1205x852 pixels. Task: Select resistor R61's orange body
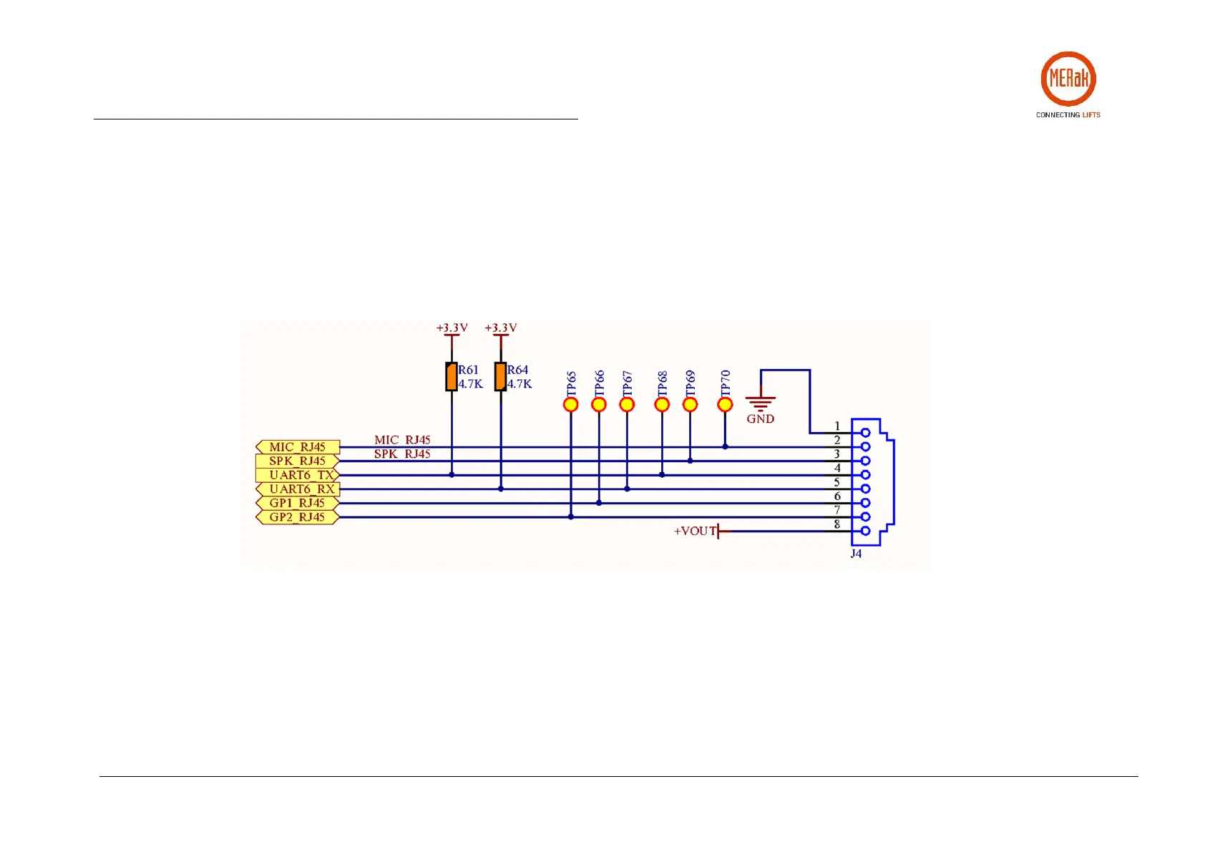(x=452, y=377)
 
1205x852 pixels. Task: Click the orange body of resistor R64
(x=500, y=377)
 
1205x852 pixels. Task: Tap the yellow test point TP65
(x=570, y=405)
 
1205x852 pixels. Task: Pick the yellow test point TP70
(x=725, y=405)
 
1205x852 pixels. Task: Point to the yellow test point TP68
(x=662, y=405)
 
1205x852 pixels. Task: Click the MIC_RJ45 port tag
(x=297, y=447)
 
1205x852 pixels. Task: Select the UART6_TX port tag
(x=297, y=475)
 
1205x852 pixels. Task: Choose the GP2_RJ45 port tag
(x=297, y=517)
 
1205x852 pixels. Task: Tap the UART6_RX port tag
(x=297, y=489)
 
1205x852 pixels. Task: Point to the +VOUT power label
(x=694, y=532)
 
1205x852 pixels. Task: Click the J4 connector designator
(x=856, y=554)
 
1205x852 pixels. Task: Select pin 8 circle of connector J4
(x=866, y=531)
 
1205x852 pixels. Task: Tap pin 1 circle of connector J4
(x=866, y=433)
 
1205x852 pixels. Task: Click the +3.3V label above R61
(x=452, y=328)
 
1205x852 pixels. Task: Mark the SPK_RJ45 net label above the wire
(x=402, y=454)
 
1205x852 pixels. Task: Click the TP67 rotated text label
(x=628, y=383)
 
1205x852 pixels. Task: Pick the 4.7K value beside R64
(x=519, y=384)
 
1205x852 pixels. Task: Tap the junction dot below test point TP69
(x=690, y=461)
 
